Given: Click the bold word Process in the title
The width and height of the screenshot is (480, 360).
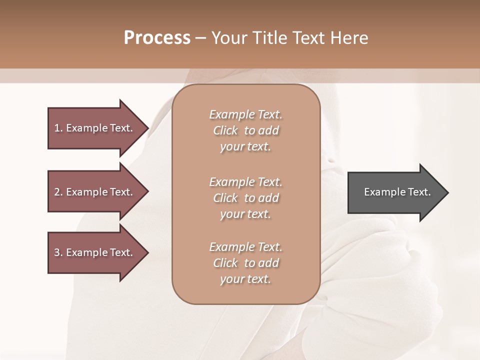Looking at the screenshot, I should [157, 38].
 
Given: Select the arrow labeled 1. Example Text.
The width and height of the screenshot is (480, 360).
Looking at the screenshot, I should [93, 128].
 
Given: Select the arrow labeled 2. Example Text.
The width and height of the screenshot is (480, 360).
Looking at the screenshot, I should [93, 192].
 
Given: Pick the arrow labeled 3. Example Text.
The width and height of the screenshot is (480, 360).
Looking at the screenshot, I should [93, 252].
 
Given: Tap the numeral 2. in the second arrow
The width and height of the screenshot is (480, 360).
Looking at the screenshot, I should [58, 192].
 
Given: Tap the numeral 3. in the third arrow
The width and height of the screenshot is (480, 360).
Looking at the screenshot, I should [58, 252].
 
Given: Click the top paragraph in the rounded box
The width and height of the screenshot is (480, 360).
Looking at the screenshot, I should [245, 130].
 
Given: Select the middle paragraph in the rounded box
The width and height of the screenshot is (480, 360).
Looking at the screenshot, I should [245, 198].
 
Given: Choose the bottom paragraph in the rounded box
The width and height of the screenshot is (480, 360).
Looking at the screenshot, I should [245, 263].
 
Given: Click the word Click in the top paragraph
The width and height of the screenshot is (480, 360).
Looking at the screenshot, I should [225, 130].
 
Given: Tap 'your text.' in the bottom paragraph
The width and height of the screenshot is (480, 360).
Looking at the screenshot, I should [245, 279].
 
